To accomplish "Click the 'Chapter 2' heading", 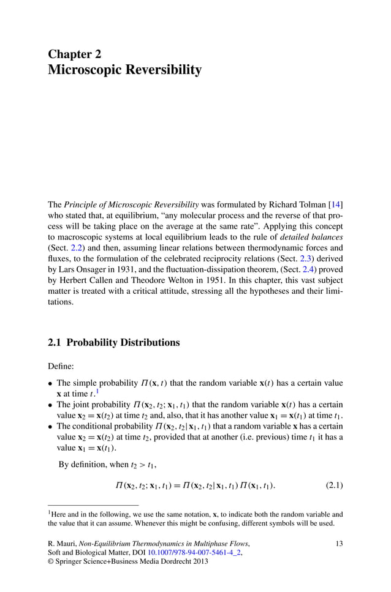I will (74, 54).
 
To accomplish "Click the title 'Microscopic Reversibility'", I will (124, 70).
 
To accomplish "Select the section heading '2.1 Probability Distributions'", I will (113, 343).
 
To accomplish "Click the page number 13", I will (339, 543).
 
